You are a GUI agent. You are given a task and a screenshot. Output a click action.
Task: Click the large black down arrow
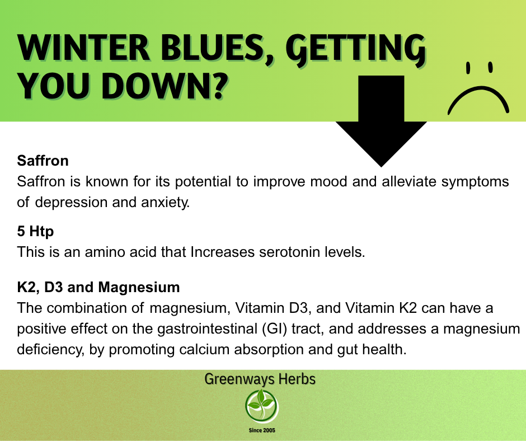[381, 121]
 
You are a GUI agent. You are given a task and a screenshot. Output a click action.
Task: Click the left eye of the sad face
[468, 68]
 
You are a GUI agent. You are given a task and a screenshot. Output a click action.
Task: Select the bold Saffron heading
[43, 161]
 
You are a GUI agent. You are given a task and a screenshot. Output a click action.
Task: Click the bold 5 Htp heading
[35, 231]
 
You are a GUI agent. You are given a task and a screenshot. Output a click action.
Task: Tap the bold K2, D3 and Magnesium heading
[98, 287]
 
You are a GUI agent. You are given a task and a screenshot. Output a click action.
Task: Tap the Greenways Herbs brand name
[260, 379]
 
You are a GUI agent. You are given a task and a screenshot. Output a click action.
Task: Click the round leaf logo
[262, 406]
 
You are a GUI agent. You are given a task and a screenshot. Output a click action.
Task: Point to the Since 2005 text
[262, 430]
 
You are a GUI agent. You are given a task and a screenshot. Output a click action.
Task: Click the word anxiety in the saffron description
[166, 203]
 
